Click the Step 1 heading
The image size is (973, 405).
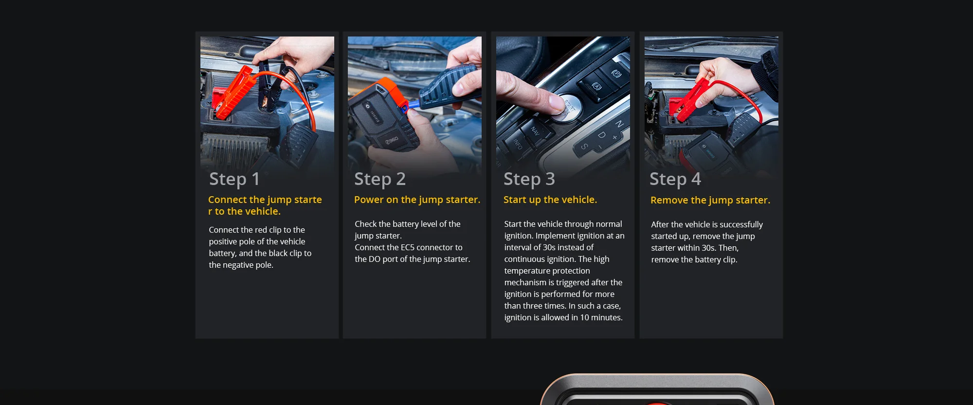[x=234, y=179]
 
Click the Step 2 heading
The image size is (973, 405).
[x=380, y=179]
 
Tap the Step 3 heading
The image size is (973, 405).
[x=529, y=179]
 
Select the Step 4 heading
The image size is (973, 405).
[x=675, y=179]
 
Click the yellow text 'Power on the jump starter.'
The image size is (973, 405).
[x=417, y=200]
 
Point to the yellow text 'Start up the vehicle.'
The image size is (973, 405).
[x=550, y=200]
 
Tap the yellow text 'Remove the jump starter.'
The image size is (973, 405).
[x=710, y=200]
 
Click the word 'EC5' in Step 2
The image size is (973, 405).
[x=408, y=247]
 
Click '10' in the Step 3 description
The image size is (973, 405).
[x=584, y=317]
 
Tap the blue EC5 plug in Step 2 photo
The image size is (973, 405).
[x=414, y=104]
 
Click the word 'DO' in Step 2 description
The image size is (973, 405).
[x=375, y=259]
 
